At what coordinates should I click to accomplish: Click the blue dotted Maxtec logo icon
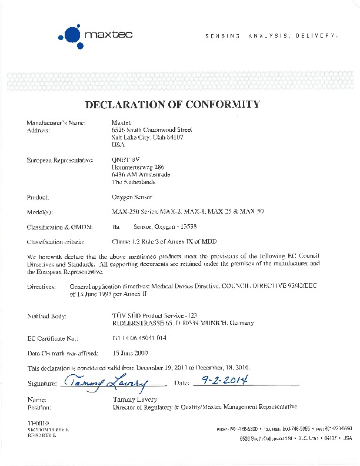point(71,35)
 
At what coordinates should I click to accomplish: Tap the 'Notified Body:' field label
point(46,316)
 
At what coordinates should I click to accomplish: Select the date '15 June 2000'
point(129,353)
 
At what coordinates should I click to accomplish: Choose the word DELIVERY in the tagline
point(318,36)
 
